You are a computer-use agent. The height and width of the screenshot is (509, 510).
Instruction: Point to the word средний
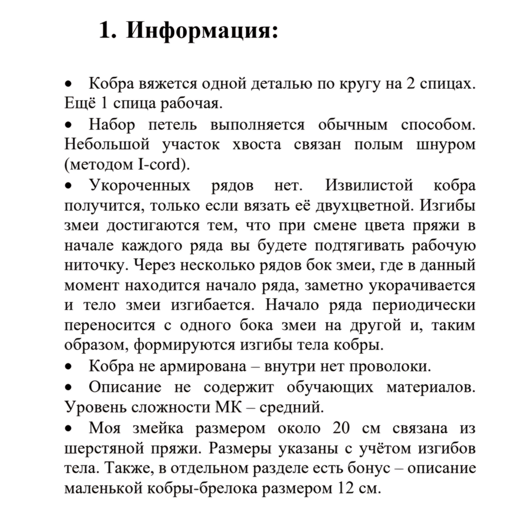click(292, 408)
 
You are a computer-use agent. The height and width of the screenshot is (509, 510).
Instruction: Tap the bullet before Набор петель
click(69, 124)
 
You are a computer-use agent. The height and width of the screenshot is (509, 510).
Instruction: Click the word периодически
click(424, 305)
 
